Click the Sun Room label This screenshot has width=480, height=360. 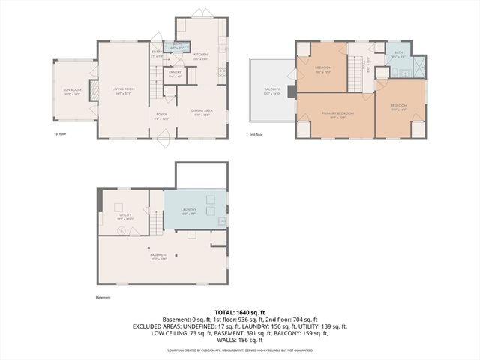coord(71,91)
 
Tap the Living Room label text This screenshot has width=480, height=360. coord(123,91)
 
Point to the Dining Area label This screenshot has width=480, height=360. coord(201,112)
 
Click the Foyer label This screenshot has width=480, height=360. coord(161,117)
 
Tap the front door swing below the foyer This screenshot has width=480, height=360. coord(160,136)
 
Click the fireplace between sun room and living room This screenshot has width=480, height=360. coord(94,90)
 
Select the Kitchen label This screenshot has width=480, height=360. coord(200,56)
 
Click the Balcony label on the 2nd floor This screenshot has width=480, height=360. coord(271,91)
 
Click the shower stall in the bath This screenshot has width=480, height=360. coord(418,68)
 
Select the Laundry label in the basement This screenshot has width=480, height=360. coord(188,211)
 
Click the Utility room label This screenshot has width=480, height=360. coord(125,217)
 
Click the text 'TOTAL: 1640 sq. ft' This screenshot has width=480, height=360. coord(240,311)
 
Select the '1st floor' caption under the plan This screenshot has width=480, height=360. coord(61,134)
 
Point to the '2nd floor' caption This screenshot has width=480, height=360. coord(257,134)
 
